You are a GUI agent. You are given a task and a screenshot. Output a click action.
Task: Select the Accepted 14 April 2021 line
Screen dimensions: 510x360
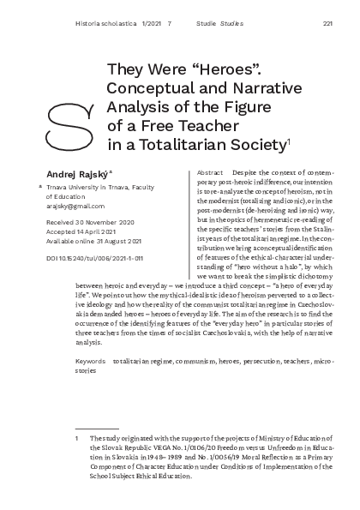point(76,233)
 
